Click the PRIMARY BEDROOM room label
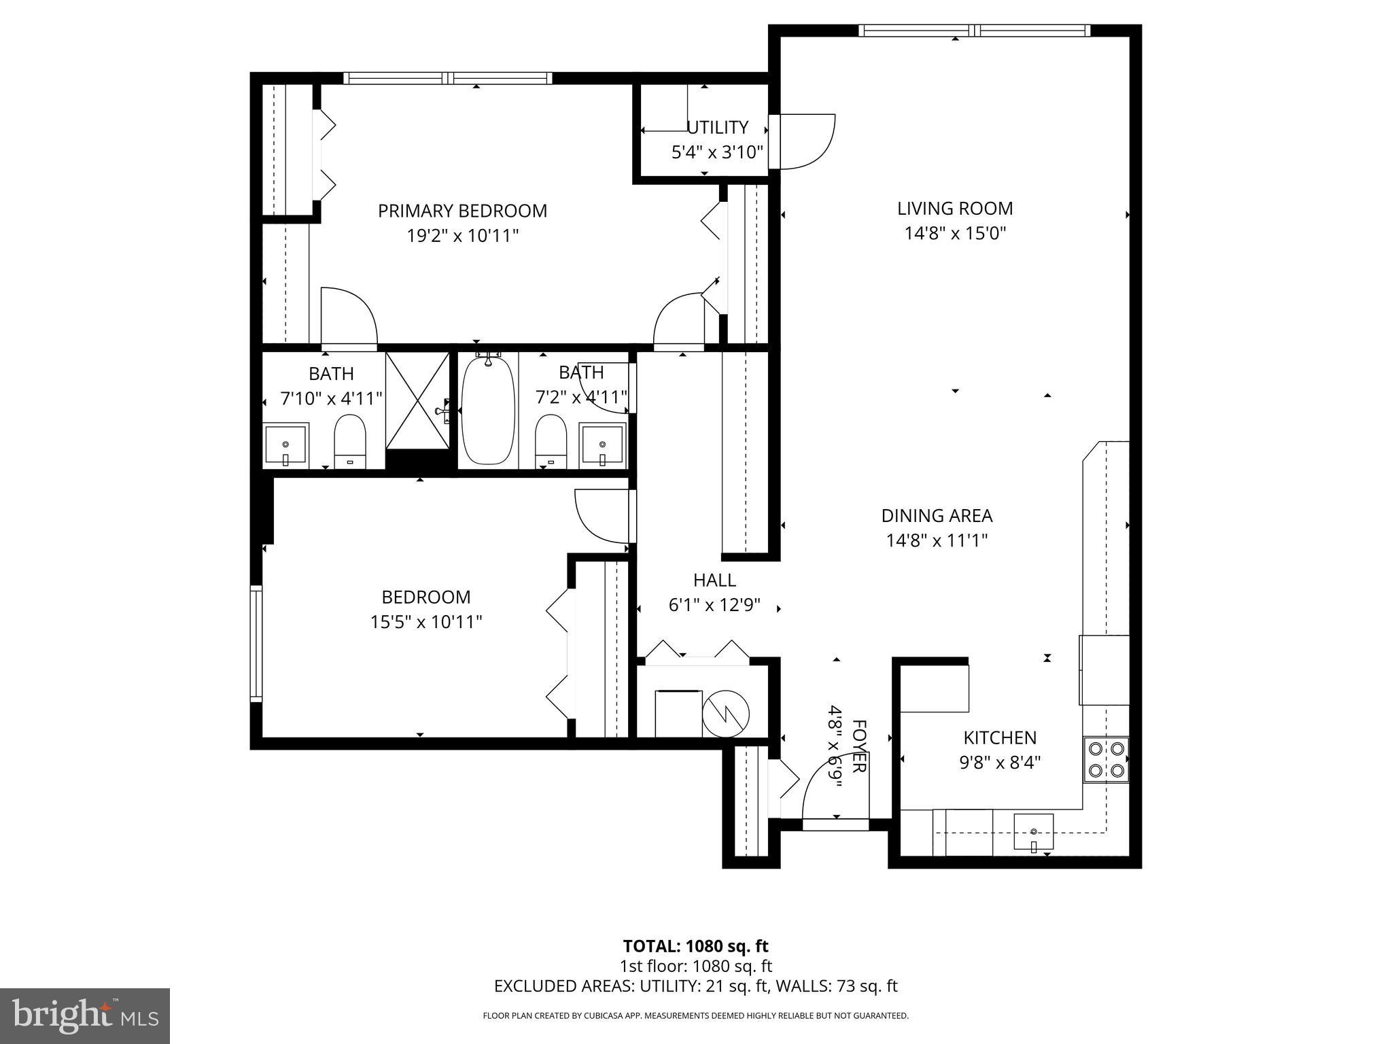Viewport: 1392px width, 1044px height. [462, 211]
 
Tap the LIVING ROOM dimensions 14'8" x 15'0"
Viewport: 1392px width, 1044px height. [954, 234]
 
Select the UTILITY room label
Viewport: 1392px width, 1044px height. [717, 128]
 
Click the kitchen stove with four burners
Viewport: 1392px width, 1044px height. [1105, 760]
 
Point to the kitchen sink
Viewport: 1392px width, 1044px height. [1033, 832]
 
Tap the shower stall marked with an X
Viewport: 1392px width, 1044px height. [417, 400]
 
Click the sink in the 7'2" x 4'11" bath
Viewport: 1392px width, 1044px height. [602, 445]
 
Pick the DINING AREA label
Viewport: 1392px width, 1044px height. [937, 516]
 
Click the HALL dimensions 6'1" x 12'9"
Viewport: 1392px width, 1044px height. [714, 605]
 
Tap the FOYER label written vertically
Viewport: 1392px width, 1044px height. [858, 746]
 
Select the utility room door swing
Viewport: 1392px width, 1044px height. [805, 141]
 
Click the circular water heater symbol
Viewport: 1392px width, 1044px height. [726, 713]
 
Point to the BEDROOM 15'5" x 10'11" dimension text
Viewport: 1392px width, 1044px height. [426, 622]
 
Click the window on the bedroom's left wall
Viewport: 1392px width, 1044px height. [256, 643]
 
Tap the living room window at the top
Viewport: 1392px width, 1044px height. [973, 31]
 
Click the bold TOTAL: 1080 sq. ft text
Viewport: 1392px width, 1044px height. [695, 946]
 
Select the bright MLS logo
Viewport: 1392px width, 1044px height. [85, 1015]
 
